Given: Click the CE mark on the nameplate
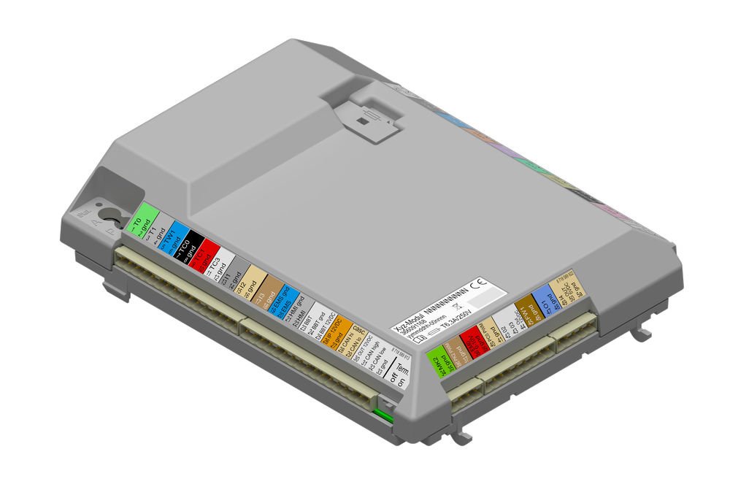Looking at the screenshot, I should pyautogui.click(x=480, y=285).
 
